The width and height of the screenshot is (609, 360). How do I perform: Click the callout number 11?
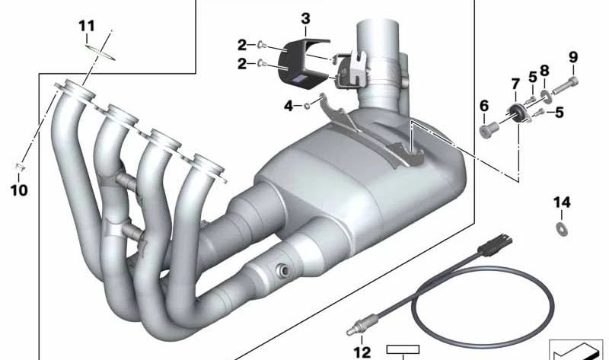tap(87, 27)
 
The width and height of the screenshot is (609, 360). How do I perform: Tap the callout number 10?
tap(19, 190)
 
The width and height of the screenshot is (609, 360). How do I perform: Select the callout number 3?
tap(306, 18)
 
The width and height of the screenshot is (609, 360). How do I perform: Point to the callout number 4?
tap(289, 106)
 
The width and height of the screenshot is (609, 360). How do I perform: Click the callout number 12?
tap(362, 352)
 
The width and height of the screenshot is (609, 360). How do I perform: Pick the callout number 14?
tap(562, 202)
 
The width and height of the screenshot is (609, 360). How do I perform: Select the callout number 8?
tap(544, 71)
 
